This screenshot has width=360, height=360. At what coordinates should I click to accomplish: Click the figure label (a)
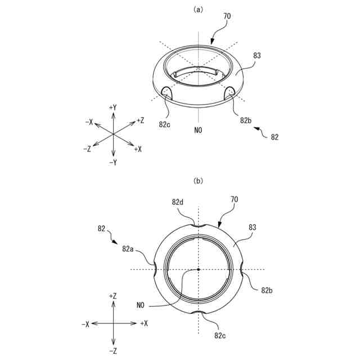(198, 10)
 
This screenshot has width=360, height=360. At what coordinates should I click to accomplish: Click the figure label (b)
(198, 181)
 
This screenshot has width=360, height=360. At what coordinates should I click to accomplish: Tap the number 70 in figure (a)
(227, 16)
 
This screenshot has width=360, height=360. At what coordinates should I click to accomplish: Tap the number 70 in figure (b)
(234, 200)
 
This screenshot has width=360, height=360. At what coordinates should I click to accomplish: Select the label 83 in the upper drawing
(257, 56)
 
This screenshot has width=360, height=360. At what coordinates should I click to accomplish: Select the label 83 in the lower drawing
(253, 227)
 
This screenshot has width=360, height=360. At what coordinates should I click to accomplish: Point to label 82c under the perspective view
(165, 124)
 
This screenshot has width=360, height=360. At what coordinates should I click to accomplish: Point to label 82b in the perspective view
(246, 120)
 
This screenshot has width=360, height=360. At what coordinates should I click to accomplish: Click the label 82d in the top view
(178, 202)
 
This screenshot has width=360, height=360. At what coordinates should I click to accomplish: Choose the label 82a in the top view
(128, 249)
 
